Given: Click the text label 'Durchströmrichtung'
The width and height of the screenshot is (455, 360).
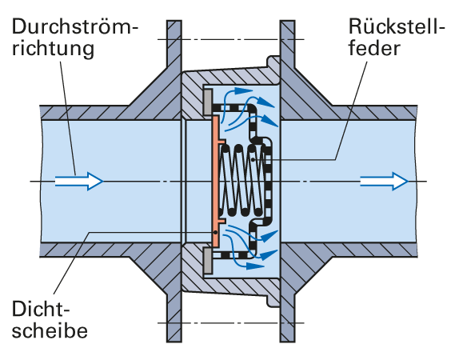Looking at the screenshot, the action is pyautogui.click(x=75, y=38).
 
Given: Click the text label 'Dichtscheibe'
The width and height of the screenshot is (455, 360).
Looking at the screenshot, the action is pyautogui.click(x=50, y=319).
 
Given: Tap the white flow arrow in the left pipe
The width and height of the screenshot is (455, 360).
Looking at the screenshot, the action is pyautogui.click(x=79, y=181).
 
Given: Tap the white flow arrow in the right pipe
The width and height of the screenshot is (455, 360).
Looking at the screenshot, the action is pyautogui.click(x=384, y=181).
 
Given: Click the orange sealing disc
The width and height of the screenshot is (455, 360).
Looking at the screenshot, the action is pyautogui.click(x=216, y=181).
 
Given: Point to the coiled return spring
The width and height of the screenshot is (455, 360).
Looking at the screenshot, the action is pyautogui.click(x=242, y=181).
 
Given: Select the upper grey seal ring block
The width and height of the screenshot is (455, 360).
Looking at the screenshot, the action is pyautogui.click(x=207, y=102).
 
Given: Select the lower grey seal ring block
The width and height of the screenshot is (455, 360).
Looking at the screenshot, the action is pyautogui.click(x=207, y=261).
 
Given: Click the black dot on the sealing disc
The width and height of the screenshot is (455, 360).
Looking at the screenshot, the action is pyautogui.click(x=216, y=232).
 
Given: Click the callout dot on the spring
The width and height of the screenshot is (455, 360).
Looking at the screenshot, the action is pyautogui.click(x=253, y=159).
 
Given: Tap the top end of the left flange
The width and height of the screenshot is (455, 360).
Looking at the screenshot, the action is pyautogui.click(x=174, y=21).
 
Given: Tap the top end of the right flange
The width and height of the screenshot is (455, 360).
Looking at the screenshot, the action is pyautogui.click(x=288, y=21).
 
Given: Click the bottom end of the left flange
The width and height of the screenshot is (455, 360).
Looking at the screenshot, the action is pyautogui.click(x=174, y=342).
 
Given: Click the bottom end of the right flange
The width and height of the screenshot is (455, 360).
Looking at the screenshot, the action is pyautogui.click(x=288, y=342).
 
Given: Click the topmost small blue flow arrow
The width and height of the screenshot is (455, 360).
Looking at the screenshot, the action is pyautogui.click(x=237, y=92).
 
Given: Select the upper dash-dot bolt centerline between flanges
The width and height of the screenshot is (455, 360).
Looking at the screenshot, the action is pyautogui.click(x=231, y=39).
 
